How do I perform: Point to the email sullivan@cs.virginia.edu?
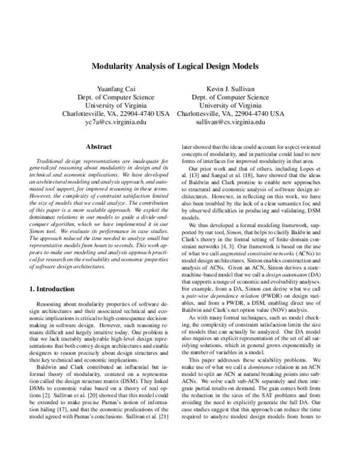[x=230, y=121]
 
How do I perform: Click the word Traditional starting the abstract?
[x=52, y=162]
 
